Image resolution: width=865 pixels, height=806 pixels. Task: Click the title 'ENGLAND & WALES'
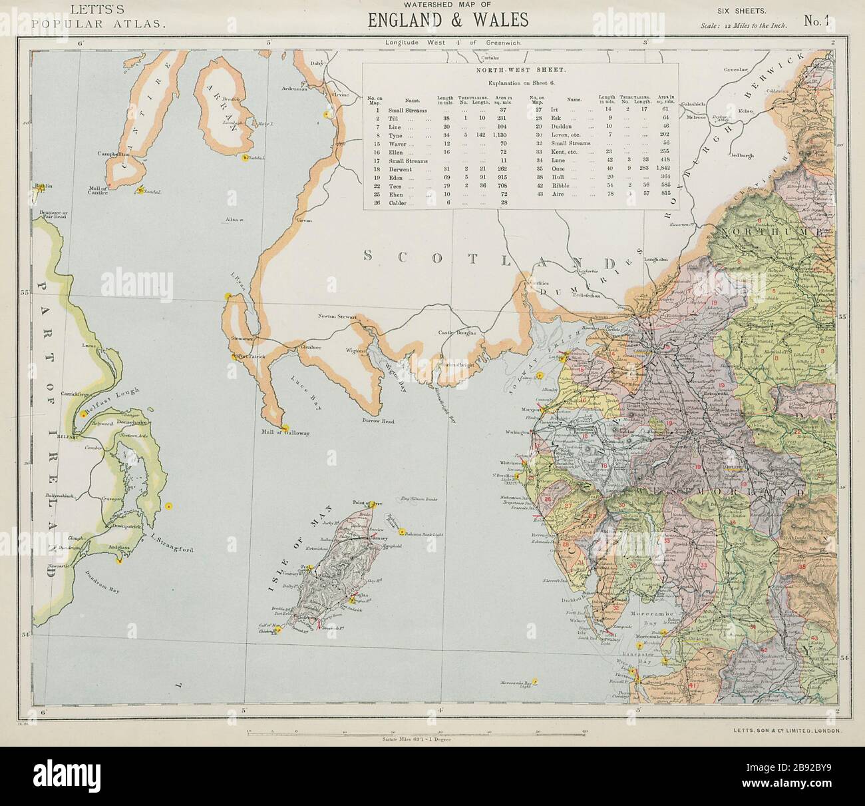click(448, 19)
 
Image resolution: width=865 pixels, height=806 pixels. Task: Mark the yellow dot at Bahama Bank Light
click(402, 531)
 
